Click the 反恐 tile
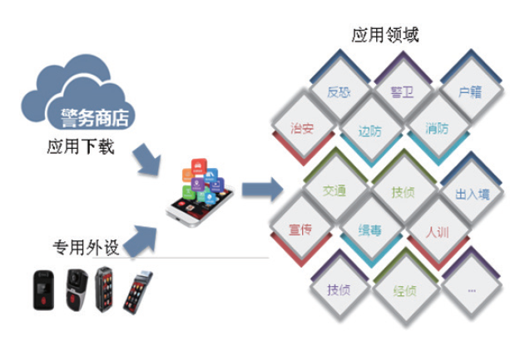pos(339,91)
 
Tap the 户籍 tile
pos(470,91)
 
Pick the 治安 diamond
pos(302,128)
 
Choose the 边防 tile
pos(369,131)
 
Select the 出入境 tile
pos(472,194)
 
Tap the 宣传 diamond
pos(300,229)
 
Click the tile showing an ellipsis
pos(472,290)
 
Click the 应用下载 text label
pos(81,149)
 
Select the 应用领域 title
pos(385,35)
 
